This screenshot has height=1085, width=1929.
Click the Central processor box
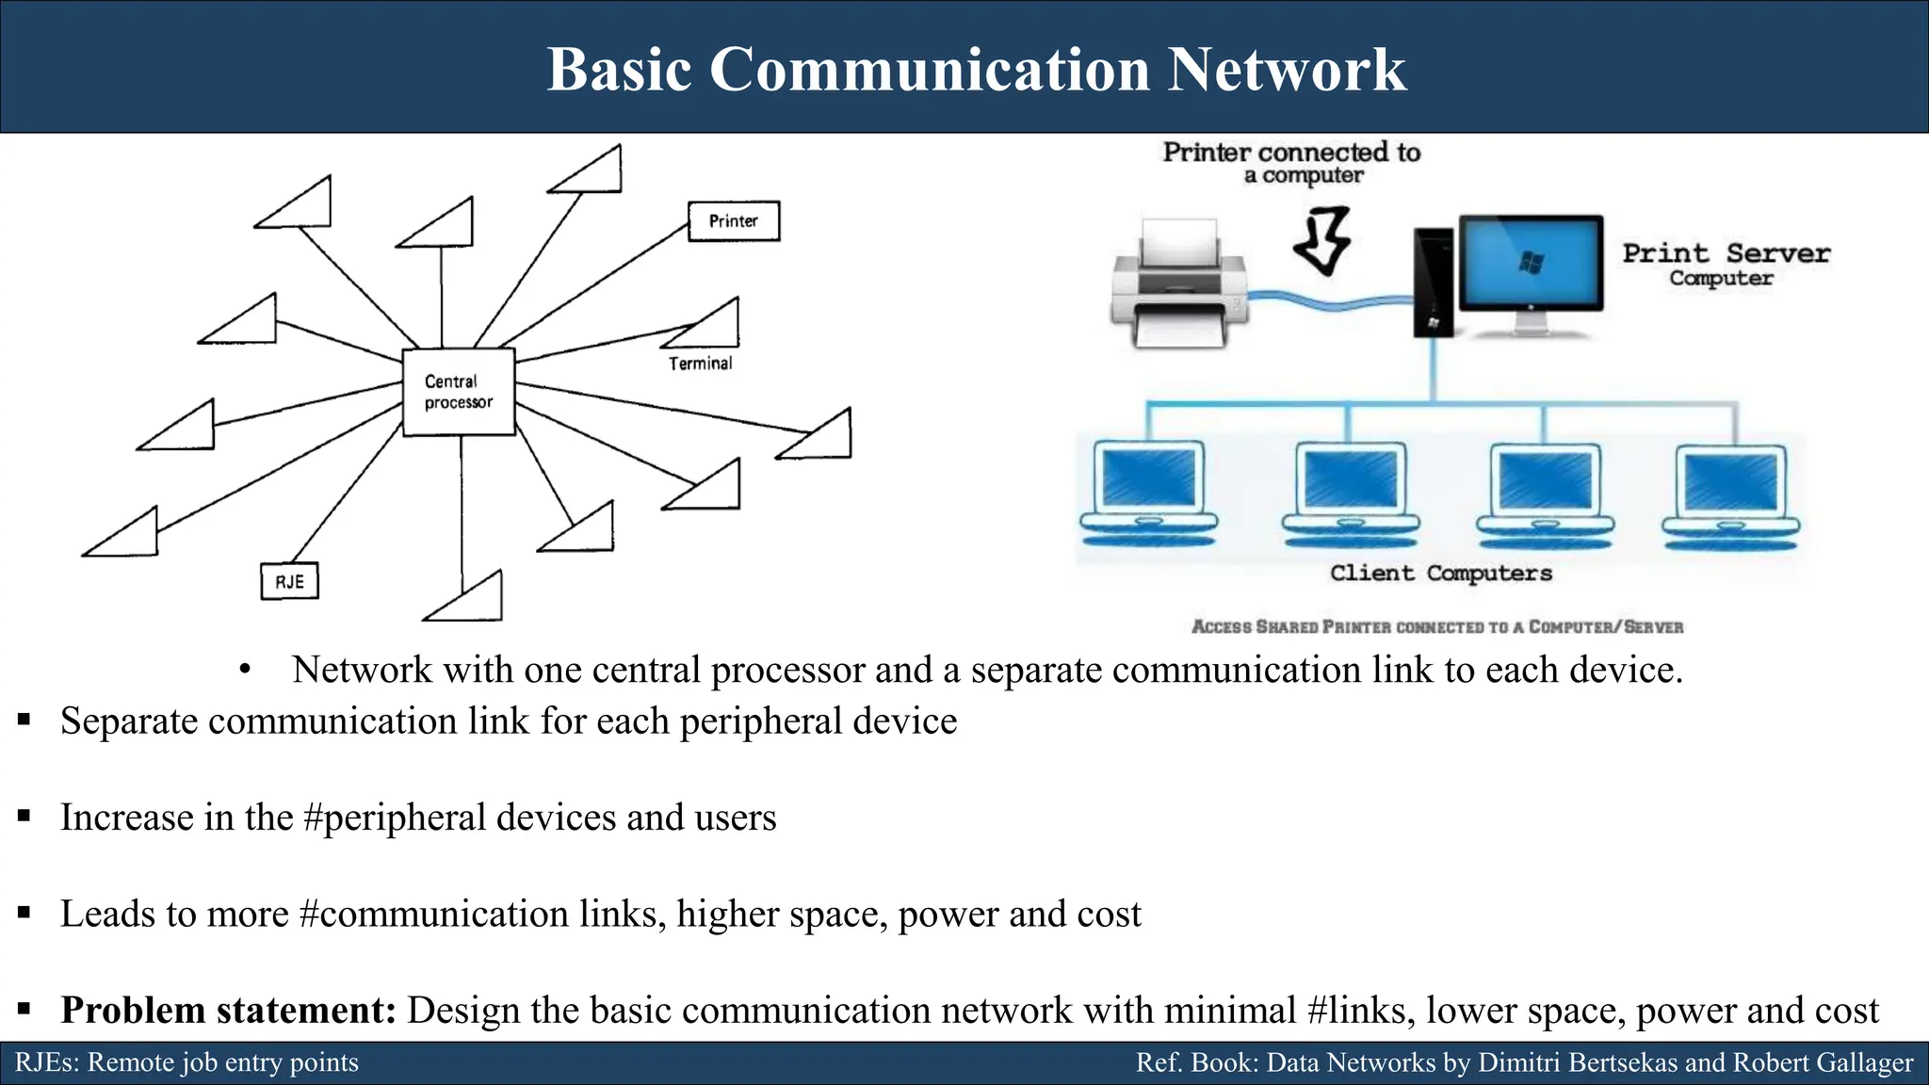pos(459,392)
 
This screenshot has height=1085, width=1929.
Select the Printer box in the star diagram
pos(734,221)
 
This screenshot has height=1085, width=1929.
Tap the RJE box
pos(289,581)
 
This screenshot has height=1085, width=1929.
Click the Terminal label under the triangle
pos(700,364)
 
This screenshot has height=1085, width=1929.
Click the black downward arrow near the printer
pos(1322,242)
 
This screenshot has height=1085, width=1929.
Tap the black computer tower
pos(1433,283)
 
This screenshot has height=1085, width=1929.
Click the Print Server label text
pos(1726,253)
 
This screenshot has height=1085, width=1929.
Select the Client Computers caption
pos(1440,573)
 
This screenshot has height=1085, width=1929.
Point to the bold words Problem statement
pos(228,1010)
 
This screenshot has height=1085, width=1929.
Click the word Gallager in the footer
pos(1864,1062)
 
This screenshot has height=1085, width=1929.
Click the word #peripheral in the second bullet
pos(395,817)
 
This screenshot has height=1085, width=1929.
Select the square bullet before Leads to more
pos(24,913)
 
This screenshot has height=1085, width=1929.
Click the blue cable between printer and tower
pos(1328,301)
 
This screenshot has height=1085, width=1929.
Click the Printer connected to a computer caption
pos(1291,163)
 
